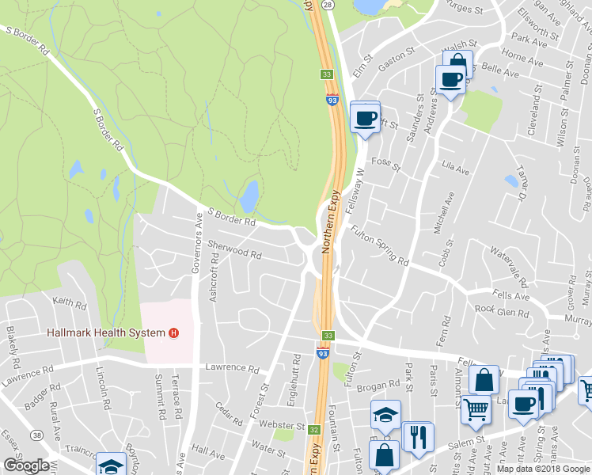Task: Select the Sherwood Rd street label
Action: tap(234, 250)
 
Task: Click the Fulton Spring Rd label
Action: tap(379, 246)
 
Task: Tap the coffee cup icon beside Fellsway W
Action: tap(365, 118)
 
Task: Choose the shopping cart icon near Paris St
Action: tap(476, 409)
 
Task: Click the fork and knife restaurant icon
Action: tap(418, 436)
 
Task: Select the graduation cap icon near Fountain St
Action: tap(385, 415)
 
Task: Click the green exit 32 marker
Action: tap(314, 430)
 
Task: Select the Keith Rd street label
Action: tap(69, 302)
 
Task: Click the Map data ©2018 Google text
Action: tap(543, 469)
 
